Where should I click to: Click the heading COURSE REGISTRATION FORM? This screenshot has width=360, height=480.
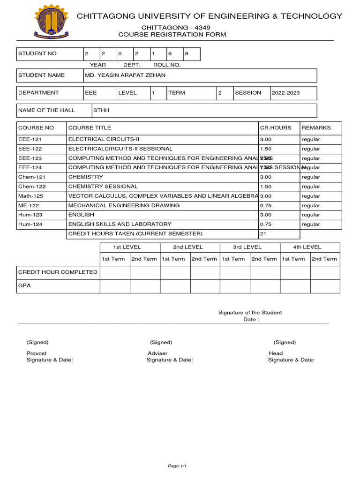(172, 35)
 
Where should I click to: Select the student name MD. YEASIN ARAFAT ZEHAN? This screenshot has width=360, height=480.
(125, 75)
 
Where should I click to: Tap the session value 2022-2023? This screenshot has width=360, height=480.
(286, 93)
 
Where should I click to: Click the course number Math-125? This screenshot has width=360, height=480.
(31, 196)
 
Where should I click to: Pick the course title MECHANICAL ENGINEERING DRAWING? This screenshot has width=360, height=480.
(124, 205)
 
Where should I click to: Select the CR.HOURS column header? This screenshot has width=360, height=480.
(276, 127)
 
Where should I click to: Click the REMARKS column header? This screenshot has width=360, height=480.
(316, 127)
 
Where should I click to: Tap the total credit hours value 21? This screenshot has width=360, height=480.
(263, 233)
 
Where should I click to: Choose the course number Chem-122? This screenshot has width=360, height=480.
(32, 187)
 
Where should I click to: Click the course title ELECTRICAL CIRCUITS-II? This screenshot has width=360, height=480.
(104, 139)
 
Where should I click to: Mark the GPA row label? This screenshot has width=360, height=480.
(24, 285)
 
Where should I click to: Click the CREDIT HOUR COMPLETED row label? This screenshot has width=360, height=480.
(58, 272)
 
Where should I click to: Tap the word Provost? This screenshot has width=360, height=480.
(37, 353)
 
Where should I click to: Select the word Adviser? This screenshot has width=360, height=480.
(157, 353)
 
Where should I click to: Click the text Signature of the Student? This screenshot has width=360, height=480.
(250, 313)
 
